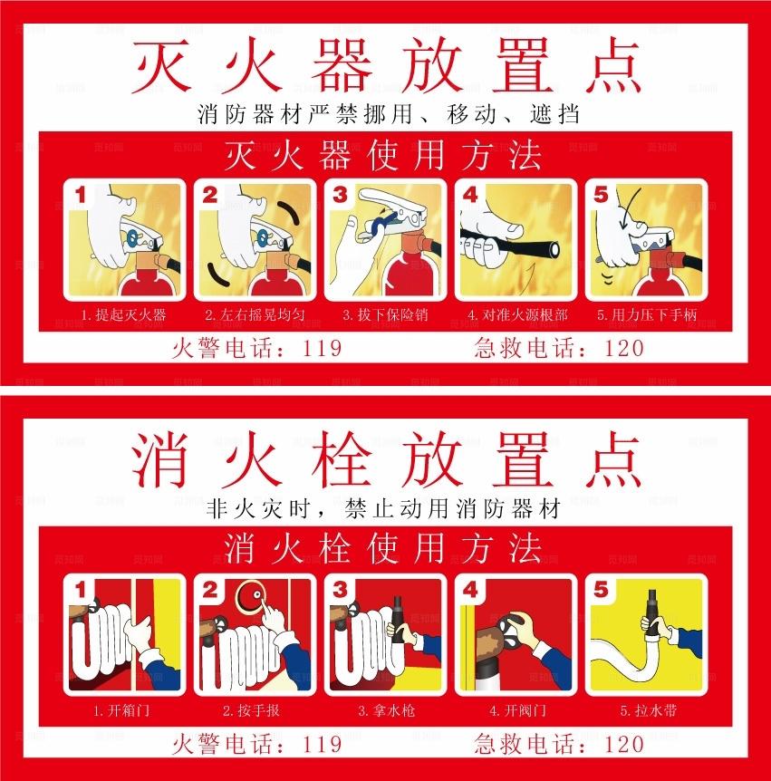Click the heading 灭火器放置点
[386, 65]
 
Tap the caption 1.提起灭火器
[123, 316]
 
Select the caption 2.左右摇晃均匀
[254, 316]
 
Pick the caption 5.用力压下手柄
[647, 316]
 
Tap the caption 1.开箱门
[122, 710]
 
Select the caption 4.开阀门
[516, 710]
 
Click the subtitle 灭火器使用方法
[385, 156]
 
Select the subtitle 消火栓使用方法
[385, 547]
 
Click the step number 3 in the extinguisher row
[341, 194]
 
